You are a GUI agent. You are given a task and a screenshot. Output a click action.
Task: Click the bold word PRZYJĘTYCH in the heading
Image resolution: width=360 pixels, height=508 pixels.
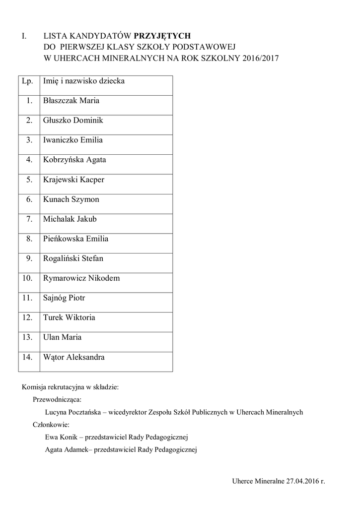162,36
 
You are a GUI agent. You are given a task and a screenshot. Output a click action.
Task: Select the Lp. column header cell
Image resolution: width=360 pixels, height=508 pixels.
28,81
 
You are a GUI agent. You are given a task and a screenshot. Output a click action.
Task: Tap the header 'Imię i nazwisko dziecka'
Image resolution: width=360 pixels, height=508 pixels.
83,81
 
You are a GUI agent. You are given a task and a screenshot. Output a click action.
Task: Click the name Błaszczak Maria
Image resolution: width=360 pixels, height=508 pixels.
71,101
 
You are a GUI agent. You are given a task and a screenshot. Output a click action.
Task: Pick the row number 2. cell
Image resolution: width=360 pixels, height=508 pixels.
29,121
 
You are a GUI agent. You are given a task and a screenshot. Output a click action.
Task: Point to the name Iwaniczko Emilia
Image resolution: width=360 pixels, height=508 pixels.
73,140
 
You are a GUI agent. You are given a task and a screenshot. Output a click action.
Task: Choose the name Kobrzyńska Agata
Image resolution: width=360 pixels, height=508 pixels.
74,160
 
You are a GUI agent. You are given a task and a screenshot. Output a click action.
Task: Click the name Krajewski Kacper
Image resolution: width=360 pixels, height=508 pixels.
73,180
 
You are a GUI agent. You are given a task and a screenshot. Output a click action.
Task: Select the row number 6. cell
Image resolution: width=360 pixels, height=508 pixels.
29,199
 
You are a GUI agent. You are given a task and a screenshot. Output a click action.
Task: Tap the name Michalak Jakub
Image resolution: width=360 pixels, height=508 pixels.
70,219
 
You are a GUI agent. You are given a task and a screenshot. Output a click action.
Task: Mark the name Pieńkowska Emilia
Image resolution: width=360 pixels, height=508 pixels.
75,239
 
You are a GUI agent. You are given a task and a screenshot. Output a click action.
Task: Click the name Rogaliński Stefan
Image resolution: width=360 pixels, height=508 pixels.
73,258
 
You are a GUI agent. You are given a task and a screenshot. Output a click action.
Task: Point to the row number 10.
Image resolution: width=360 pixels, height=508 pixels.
28,278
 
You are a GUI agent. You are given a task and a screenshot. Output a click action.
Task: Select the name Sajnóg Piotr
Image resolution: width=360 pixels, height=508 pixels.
64,298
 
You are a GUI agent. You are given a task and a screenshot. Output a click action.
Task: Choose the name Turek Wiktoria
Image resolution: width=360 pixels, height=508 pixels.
69,317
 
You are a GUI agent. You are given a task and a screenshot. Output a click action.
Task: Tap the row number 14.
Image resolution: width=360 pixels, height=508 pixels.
28,357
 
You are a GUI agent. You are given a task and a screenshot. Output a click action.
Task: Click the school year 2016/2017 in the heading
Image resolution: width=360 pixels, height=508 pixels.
261,58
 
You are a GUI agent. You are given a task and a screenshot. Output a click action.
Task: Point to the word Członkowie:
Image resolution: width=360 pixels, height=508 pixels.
51,425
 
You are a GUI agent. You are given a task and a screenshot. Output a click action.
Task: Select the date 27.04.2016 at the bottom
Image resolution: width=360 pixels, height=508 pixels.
302,482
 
